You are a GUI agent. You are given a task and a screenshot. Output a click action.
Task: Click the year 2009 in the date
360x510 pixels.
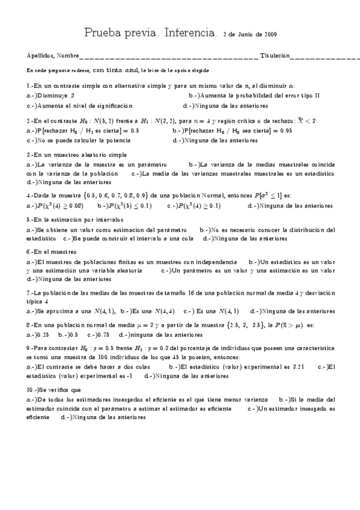click(269, 34)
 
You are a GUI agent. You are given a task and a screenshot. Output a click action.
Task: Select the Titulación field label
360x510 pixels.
click(274, 55)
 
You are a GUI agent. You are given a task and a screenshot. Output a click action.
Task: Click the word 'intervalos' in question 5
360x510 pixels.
click(107, 220)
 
